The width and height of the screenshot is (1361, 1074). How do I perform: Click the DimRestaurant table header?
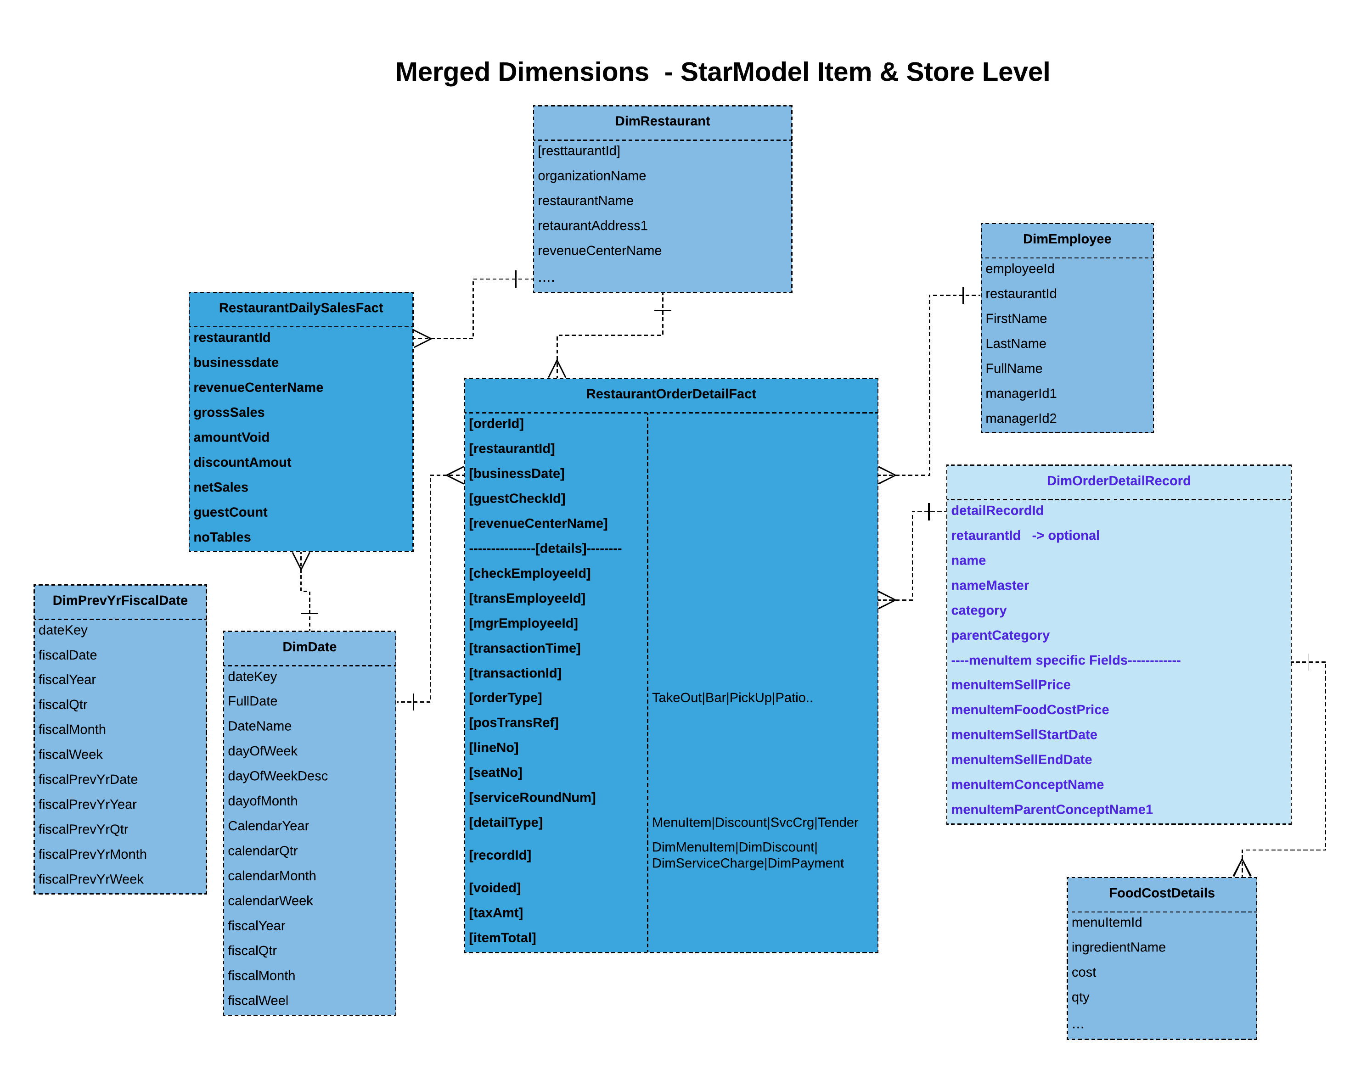pos(662,121)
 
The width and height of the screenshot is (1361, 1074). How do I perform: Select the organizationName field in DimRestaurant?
pos(591,176)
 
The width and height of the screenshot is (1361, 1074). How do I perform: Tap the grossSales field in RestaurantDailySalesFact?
pos(229,413)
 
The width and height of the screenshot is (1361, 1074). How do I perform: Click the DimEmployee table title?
pos(1066,239)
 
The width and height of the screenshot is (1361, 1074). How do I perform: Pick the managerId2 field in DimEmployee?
pos(1020,419)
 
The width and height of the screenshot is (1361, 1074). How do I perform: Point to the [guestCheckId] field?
pos(517,498)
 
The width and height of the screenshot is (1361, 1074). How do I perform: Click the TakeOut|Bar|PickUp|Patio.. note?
pos(731,698)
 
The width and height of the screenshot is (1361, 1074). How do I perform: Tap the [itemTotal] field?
pos(502,938)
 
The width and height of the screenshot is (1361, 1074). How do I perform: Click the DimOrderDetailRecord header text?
pos(1118,481)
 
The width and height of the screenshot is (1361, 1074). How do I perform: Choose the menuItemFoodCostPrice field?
pos(1029,710)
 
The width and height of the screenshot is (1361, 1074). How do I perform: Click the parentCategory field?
pos(999,636)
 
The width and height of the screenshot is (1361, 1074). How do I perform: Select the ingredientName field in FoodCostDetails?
pos(1118,948)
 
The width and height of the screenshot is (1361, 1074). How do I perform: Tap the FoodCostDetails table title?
pos(1161,894)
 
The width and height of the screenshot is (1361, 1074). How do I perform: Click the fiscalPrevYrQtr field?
pos(83,829)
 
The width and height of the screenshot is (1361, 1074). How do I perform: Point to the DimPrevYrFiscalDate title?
pos(119,600)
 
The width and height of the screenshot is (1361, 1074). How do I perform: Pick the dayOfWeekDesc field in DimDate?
pos(277,777)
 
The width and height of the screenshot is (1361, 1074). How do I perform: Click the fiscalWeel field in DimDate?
pos(258,1001)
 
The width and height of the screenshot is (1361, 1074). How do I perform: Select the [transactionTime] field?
pos(524,648)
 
